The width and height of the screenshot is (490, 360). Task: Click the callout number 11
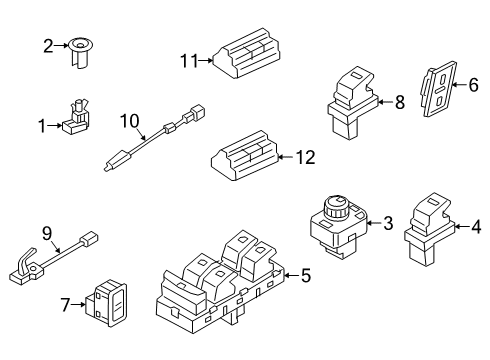[x=189, y=61]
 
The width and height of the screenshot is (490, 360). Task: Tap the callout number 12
[x=306, y=157]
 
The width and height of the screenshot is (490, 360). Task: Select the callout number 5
[x=306, y=276]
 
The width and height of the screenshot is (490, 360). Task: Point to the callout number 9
[x=47, y=233]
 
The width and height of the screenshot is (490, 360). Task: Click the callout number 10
[x=130, y=121]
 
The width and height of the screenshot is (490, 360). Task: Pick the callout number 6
[x=473, y=85]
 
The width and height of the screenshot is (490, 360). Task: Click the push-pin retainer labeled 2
[x=81, y=53]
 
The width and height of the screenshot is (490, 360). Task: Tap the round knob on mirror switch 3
[x=337, y=206]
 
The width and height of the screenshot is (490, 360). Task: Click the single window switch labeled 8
[x=353, y=102]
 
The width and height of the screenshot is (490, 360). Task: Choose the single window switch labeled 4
[x=429, y=229]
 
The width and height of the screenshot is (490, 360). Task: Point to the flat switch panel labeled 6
[x=439, y=89]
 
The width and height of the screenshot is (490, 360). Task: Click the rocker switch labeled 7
[x=107, y=303]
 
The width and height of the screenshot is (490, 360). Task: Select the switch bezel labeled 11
[x=247, y=53]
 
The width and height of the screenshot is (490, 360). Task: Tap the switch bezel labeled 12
[x=245, y=156]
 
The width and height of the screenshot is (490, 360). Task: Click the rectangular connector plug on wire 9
[x=89, y=239]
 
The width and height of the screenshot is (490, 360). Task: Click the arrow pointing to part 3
[x=374, y=223]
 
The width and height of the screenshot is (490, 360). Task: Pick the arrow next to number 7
[x=79, y=304]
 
